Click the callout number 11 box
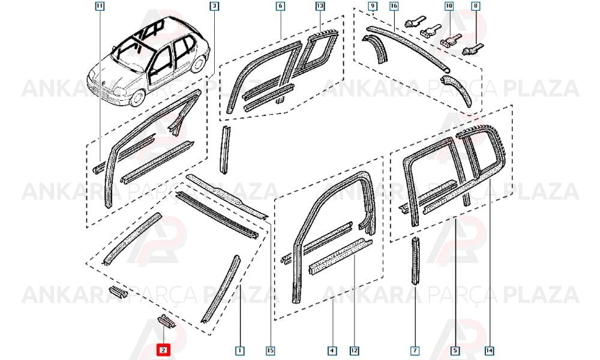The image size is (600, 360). [100, 6]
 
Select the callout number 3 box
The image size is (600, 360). [214, 6]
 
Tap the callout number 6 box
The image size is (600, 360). [280, 6]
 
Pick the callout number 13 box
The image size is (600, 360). [320, 6]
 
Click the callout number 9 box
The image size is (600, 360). [373, 6]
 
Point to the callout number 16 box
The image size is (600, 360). [394, 6]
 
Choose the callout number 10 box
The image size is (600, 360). [449, 6]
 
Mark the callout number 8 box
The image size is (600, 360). [476, 6]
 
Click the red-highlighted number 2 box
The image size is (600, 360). [163, 350]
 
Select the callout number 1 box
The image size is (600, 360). [239, 350]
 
